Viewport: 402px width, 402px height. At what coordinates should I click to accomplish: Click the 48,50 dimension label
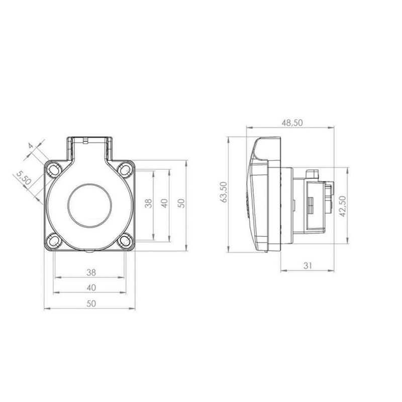click(292, 123)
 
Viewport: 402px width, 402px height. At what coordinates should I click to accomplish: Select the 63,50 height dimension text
click(224, 192)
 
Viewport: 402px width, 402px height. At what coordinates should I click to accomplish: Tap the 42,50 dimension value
click(343, 207)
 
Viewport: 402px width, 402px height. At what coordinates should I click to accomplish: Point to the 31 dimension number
click(308, 266)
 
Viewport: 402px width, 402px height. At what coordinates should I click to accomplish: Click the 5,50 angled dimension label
click(24, 178)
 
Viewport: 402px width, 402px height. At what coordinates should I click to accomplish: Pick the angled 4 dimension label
click(31, 146)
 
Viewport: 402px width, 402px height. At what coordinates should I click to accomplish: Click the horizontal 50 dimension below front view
click(91, 304)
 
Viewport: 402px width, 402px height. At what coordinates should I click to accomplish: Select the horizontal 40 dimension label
click(91, 287)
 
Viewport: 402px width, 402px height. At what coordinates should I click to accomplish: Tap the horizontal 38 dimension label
click(91, 272)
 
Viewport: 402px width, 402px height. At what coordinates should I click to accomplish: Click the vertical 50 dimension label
click(181, 204)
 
